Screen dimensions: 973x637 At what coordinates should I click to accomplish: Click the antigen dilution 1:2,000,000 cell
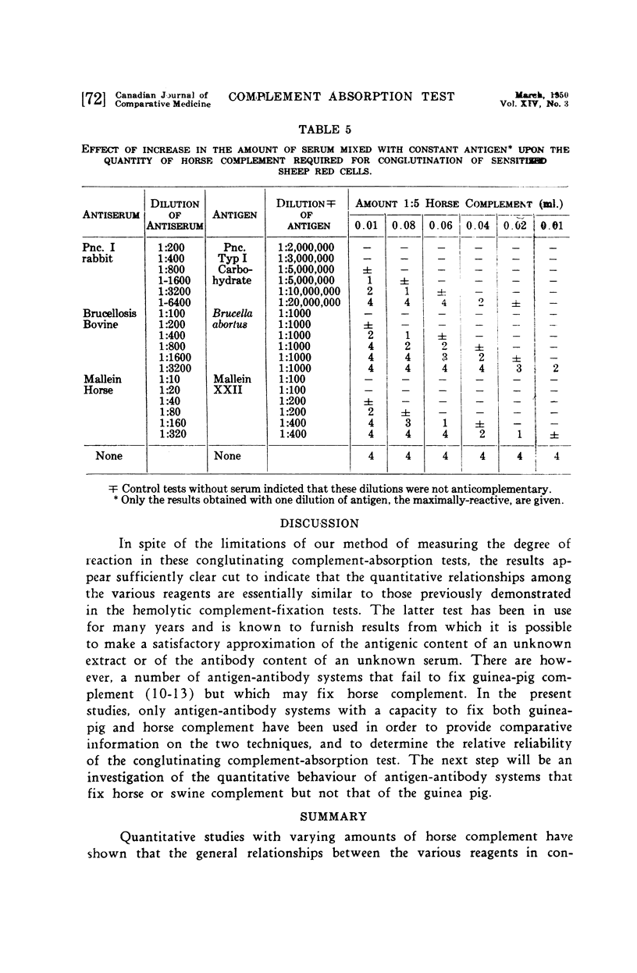[306, 247]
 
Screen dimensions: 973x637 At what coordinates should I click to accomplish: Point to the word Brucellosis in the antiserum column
[110, 313]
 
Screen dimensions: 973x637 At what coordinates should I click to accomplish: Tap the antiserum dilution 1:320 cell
[170, 434]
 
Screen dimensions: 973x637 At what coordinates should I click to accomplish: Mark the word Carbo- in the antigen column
[233, 269]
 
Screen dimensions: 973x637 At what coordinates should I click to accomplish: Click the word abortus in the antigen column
[233, 324]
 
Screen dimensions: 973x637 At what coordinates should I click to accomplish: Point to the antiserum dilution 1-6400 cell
[172, 302]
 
